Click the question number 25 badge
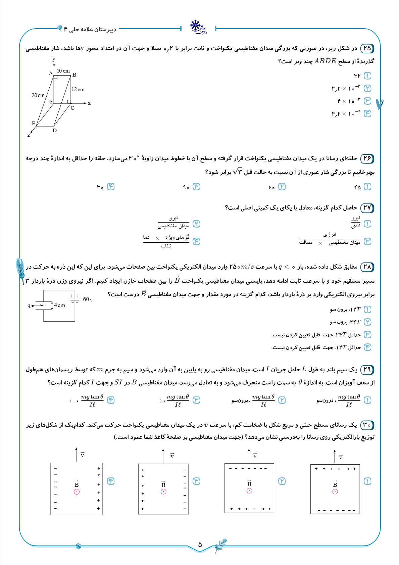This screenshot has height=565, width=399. (367, 48)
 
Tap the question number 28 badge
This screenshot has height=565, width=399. (367, 267)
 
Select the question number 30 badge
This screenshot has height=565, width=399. (367, 425)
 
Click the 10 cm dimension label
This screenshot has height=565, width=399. (63, 71)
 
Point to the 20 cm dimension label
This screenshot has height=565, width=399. (38, 95)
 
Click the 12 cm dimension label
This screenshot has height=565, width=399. (78, 90)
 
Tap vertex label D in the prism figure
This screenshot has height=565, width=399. (55, 131)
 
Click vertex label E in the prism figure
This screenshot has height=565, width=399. (33, 124)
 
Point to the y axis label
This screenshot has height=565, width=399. (54, 59)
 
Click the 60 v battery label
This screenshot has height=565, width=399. (88, 299)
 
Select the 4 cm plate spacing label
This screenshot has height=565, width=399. (59, 305)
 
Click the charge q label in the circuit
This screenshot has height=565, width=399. (29, 305)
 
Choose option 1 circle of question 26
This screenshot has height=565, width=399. (367, 187)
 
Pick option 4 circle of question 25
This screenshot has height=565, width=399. (367, 113)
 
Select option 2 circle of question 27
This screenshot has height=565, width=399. (196, 224)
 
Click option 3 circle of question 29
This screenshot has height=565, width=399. (196, 400)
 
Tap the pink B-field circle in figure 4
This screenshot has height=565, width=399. (77, 492)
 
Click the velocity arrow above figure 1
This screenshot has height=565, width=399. (335, 456)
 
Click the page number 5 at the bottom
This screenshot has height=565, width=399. (200, 544)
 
